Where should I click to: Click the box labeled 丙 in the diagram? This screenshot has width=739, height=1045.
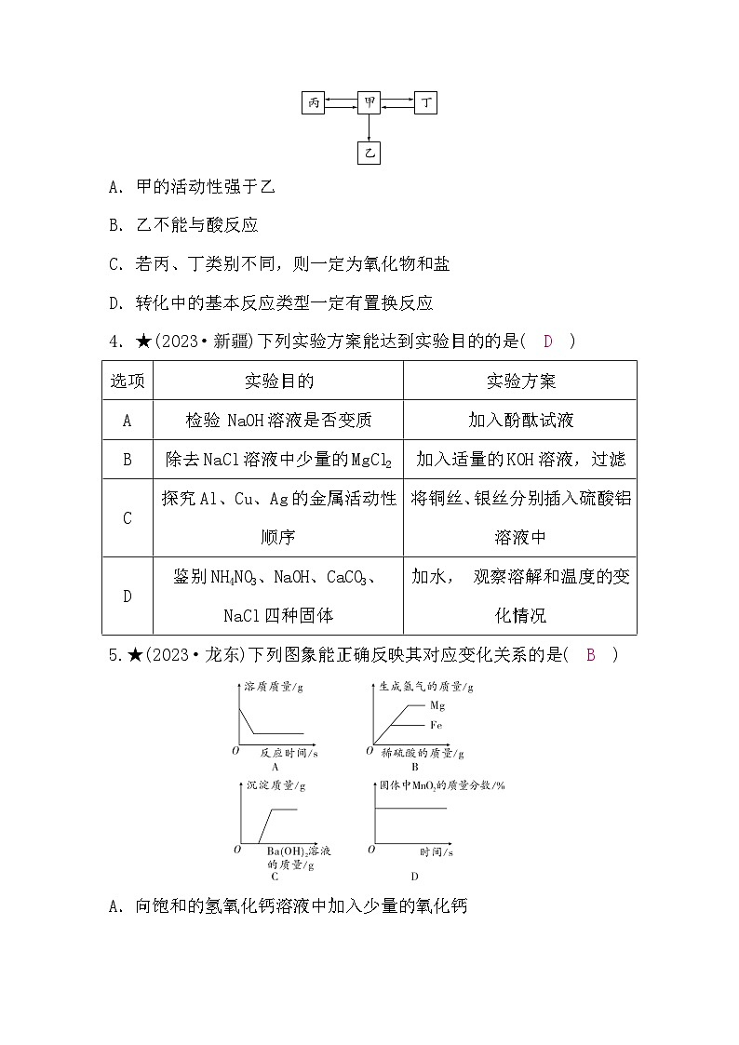point(314,103)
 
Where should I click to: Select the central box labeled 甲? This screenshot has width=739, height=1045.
point(369,103)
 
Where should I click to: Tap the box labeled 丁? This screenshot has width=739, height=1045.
point(425,103)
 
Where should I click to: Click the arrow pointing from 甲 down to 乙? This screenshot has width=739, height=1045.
point(369,128)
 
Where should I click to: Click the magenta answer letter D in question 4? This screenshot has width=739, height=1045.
point(548,342)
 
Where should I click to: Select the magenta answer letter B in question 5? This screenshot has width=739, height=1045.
point(590,655)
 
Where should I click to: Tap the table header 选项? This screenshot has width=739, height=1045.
point(128,382)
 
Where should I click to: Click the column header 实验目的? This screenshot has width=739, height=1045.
point(278,382)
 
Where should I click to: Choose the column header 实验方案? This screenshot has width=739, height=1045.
point(520,382)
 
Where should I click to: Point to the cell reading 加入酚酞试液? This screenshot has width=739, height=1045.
point(520,421)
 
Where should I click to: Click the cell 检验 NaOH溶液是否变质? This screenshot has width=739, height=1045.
point(278,421)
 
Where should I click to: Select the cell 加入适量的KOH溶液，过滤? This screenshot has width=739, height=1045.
point(520,460)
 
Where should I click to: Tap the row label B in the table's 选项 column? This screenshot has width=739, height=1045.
point(128,460)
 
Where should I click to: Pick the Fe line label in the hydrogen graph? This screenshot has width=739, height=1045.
point(436,724)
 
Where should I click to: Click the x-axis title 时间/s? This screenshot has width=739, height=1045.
point(436,851)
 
